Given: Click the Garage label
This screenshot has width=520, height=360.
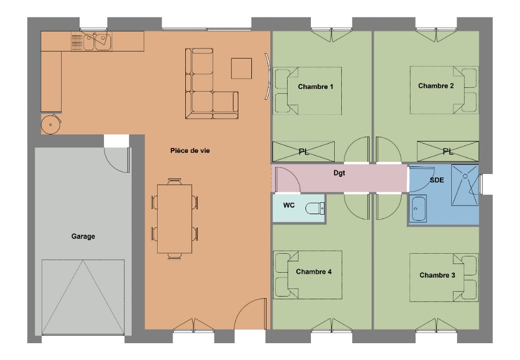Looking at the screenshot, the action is [83, 236].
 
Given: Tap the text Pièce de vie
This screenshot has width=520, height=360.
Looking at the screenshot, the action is [190, 151].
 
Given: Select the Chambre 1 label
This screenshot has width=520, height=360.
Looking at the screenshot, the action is [315, 87].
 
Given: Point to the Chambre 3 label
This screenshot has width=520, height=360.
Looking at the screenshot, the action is [437, 275].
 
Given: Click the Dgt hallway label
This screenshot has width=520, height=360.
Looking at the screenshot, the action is [339, 173].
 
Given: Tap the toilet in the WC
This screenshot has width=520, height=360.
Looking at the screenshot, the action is [315, 208].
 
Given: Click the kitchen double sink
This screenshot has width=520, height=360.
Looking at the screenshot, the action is [92, 41].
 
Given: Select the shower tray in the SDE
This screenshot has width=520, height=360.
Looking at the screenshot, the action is [465, 185].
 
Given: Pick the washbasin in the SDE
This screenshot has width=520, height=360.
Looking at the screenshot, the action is [418, 208].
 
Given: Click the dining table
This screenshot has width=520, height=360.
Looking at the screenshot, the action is [174, 219].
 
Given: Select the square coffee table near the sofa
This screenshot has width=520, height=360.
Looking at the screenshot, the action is [242, 68].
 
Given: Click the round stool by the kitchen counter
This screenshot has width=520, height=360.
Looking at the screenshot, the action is [51, 124].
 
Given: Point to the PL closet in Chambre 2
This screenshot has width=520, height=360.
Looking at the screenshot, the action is [448, 152].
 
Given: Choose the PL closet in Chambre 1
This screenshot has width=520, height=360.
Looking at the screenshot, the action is [303, 152].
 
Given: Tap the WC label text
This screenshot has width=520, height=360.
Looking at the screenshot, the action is [289, 205].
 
